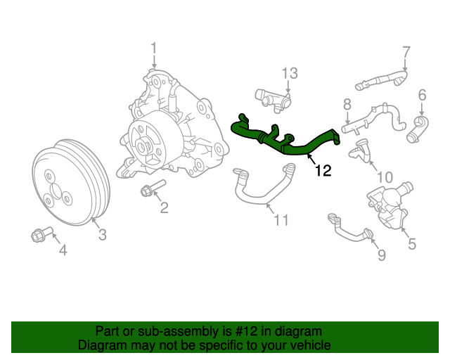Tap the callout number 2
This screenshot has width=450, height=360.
[163, 207]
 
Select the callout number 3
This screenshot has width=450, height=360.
[102, 235]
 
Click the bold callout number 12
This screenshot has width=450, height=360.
[323, 170]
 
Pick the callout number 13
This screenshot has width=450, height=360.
[290, 73]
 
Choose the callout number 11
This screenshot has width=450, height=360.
[281, 221]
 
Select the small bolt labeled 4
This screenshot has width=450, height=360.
[38, 235]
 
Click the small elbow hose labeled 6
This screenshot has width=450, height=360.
[418, 129]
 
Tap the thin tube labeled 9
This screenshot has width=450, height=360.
[348, 229]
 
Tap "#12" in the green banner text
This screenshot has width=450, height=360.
[234, 331]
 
